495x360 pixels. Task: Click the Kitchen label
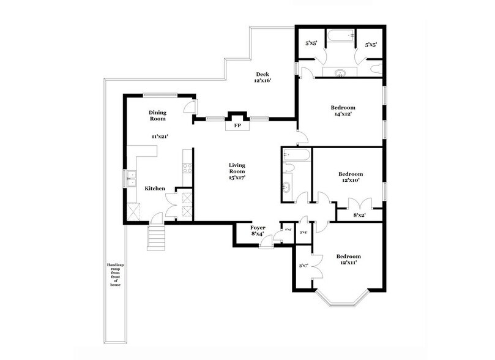[x=154, y=189]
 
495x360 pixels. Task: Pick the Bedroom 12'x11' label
[x=347, y=259]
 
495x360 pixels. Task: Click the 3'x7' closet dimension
[x=303, y=266]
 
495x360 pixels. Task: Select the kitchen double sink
[x=130, y=179]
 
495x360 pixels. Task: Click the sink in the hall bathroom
[x=288, y=187]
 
